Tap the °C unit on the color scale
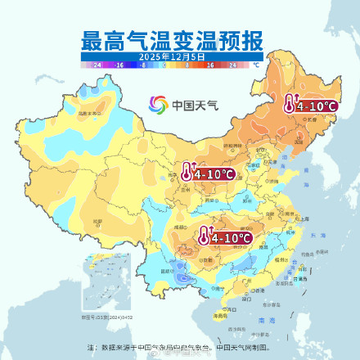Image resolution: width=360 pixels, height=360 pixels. point(256,63)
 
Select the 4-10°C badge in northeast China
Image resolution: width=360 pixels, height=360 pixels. point(310,105)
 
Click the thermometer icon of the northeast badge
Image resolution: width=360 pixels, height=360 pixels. point(290,105)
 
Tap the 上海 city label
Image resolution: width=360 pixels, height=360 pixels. point(304,219)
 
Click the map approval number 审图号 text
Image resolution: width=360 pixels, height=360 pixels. point(101,316)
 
